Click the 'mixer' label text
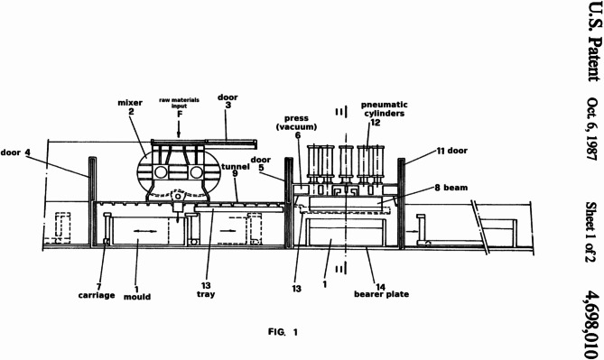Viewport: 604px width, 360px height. point(130,103)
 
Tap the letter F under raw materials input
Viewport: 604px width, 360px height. point(180,114)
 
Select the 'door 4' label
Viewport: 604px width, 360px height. point(15,152)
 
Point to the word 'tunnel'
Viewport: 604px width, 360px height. point(236,167)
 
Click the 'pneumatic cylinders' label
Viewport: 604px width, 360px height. point(385,109)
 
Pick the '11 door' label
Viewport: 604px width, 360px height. point(451,151)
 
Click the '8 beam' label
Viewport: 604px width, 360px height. point(451,188)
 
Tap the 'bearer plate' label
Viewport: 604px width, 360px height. point(381,294)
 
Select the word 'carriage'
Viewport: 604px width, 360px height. point(97,295)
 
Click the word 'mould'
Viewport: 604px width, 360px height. point(137,297)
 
